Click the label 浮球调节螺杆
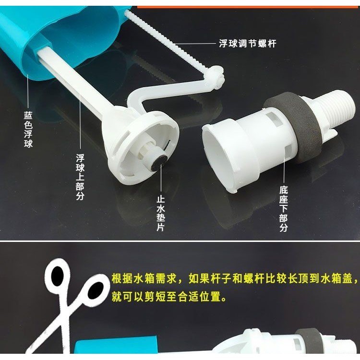(x=248, y=43)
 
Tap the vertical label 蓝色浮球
(x=28, y=130)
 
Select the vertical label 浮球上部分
(x=80, y=177)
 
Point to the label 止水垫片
(x=161, y=213)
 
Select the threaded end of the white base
(x=335, y=110)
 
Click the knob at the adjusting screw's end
(x=217, y=77)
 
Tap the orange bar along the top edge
(x=248, y=7)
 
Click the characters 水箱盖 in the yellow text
(x=336, y=278)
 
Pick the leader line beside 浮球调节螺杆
(x=196, y=43)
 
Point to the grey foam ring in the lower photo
(x=307, y=339)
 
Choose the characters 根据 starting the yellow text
(x=122, y=278)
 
